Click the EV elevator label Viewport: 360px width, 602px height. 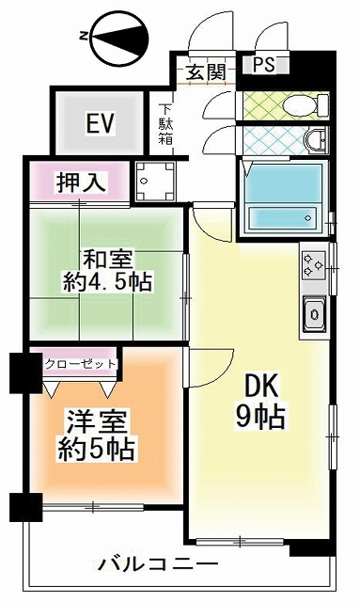click(101, 123)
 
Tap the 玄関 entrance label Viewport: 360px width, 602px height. click(206, 71)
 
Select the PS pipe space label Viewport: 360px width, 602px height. click(264, 65)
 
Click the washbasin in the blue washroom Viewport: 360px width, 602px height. click(316, 139)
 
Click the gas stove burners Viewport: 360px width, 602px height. click(314, 265)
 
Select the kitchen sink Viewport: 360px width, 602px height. click(314, 314)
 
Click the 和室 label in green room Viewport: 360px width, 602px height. click(107, 260)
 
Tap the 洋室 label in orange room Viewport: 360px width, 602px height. click(96, 420)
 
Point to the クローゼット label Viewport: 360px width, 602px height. click(80, 364)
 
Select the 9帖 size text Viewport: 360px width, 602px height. click(260, 417)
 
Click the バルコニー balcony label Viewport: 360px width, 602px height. click(158, 564)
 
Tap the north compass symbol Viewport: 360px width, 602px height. click(119, 38)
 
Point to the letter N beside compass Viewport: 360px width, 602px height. click(83, 37)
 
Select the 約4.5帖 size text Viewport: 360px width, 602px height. click(107, 282)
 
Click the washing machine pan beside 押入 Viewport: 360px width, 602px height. click(155, 182)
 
